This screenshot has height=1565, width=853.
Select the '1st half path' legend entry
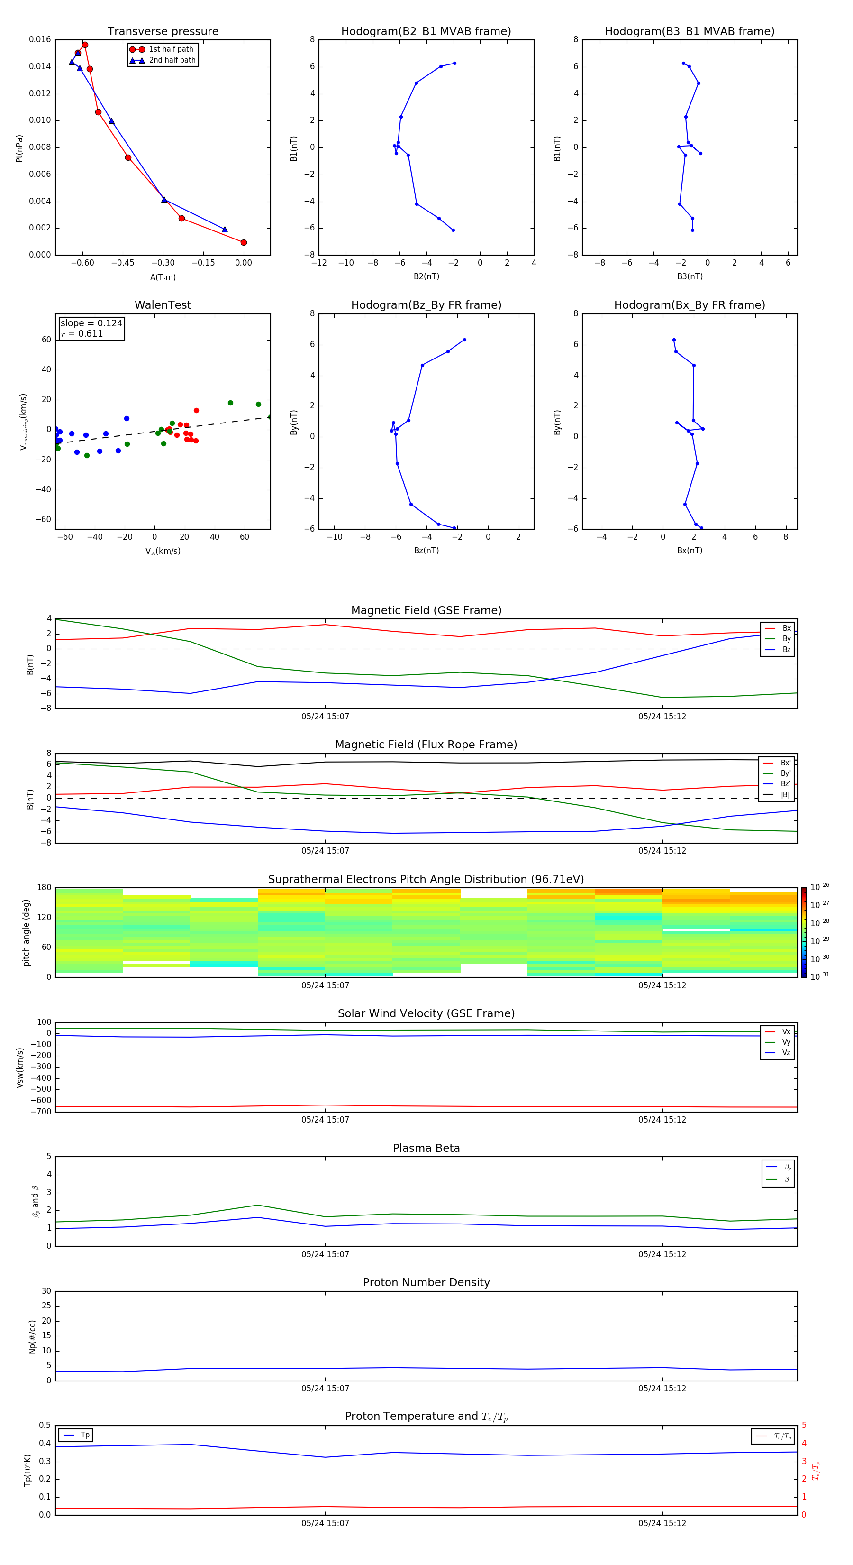coord(171,49)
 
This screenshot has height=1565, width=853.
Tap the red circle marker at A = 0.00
coord(244,242)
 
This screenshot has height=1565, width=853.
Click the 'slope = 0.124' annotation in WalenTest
coord(91,323)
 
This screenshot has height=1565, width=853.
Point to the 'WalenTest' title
coord(163,305)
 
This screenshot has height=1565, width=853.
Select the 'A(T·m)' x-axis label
coord(163,277)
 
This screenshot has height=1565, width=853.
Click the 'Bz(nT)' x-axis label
coord(426,551)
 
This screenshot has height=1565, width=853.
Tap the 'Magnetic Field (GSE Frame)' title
coord(426,610)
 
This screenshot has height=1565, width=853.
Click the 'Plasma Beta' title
coord(426,1148)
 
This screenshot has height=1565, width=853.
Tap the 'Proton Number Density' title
coord(426,1282)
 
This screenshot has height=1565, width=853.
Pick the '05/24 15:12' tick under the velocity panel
coord(662,1120)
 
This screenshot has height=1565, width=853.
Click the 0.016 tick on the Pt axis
coord(40,39)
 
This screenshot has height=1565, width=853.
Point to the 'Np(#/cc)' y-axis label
coord(32,1336)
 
